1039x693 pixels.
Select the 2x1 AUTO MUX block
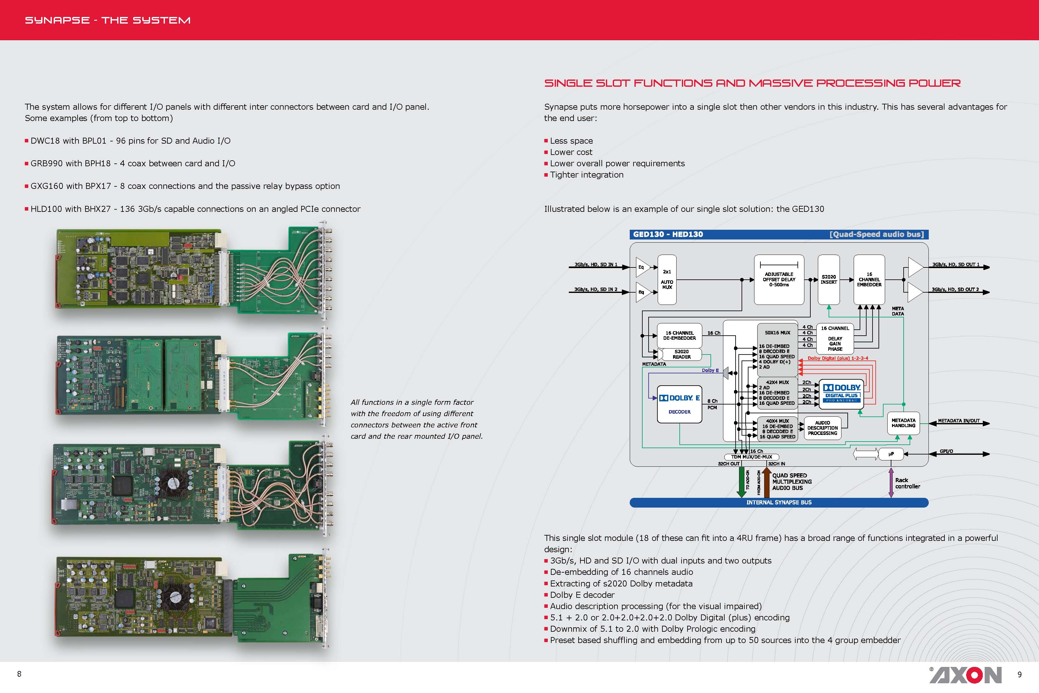667,279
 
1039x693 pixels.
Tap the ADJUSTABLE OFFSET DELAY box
779,279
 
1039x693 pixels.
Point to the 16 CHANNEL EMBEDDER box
869,279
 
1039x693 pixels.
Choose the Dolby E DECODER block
679,404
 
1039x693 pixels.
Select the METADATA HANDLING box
903,423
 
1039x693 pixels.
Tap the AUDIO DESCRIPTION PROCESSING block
822,428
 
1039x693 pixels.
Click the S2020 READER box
681,354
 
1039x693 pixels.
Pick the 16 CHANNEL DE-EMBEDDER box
679,335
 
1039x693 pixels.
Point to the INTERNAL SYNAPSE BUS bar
779,503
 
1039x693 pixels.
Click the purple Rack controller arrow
891,483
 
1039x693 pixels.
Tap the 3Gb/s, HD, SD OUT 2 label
955,289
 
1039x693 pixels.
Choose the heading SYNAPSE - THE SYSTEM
108,20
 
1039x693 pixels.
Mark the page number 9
1019,674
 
